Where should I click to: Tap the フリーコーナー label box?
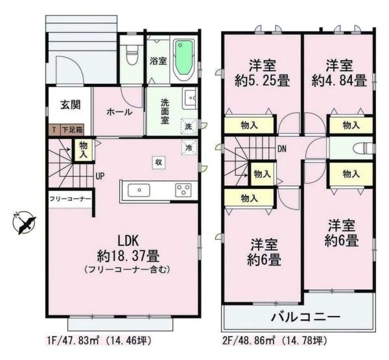pos(69,197)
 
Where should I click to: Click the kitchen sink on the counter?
pos(140,190)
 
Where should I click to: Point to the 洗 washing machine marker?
pos(188,126)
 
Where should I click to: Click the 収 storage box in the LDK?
pos(158,161)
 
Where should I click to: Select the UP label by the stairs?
pos(100,176)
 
